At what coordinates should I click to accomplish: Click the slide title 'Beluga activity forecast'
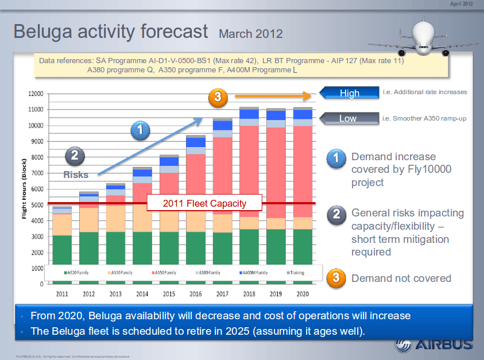pos(110,31)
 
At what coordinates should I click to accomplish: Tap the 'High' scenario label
pos(349,93)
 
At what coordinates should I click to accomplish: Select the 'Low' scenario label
pos(348,119)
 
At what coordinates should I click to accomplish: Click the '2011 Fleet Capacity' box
pos(204,203)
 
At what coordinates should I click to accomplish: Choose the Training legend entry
pos(296,272)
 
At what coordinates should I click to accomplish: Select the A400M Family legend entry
pos(253,272)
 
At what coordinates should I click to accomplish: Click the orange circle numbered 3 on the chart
pos(218,98)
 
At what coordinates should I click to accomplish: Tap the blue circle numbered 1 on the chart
pos(141,131)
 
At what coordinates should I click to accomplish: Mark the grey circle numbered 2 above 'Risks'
pos(75,155)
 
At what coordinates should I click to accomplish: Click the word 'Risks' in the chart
pos(76,175)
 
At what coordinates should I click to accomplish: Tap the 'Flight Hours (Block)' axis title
pos(25,189)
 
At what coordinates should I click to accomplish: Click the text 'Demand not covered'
pos(401,278)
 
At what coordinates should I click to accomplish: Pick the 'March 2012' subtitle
pos(250,33)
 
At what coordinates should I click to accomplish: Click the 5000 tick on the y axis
pos(37,205)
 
